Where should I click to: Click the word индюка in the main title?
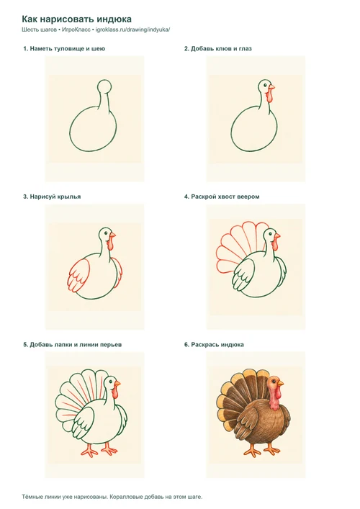click(x=114, y=19)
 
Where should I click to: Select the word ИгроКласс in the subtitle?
click(x=76, y=30)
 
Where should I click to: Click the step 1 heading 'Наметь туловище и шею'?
click(x=64, y=49)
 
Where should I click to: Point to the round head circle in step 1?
click(x=104, y=86)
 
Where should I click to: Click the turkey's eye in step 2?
click(x=265, y=85)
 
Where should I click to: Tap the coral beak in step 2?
click(x=271, y=86)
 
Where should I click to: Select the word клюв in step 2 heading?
click(x=222, y=49)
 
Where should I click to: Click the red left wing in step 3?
click(x=79, y=275)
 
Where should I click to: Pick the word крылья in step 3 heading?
click(x=69, y=197)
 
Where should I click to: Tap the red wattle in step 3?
click(x=111, y=243)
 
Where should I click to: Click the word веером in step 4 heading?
click(x=249, y=197)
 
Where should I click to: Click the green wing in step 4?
click(x=244, y=276)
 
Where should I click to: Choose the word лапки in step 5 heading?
click(x=63, y=345)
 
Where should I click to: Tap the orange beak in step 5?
click(x=117, y=384)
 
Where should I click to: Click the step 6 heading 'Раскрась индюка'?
click(x=214, y=345)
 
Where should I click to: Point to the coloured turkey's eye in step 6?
click(x=275, y=382)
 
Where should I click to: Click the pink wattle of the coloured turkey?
click(x=274, y=397)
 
